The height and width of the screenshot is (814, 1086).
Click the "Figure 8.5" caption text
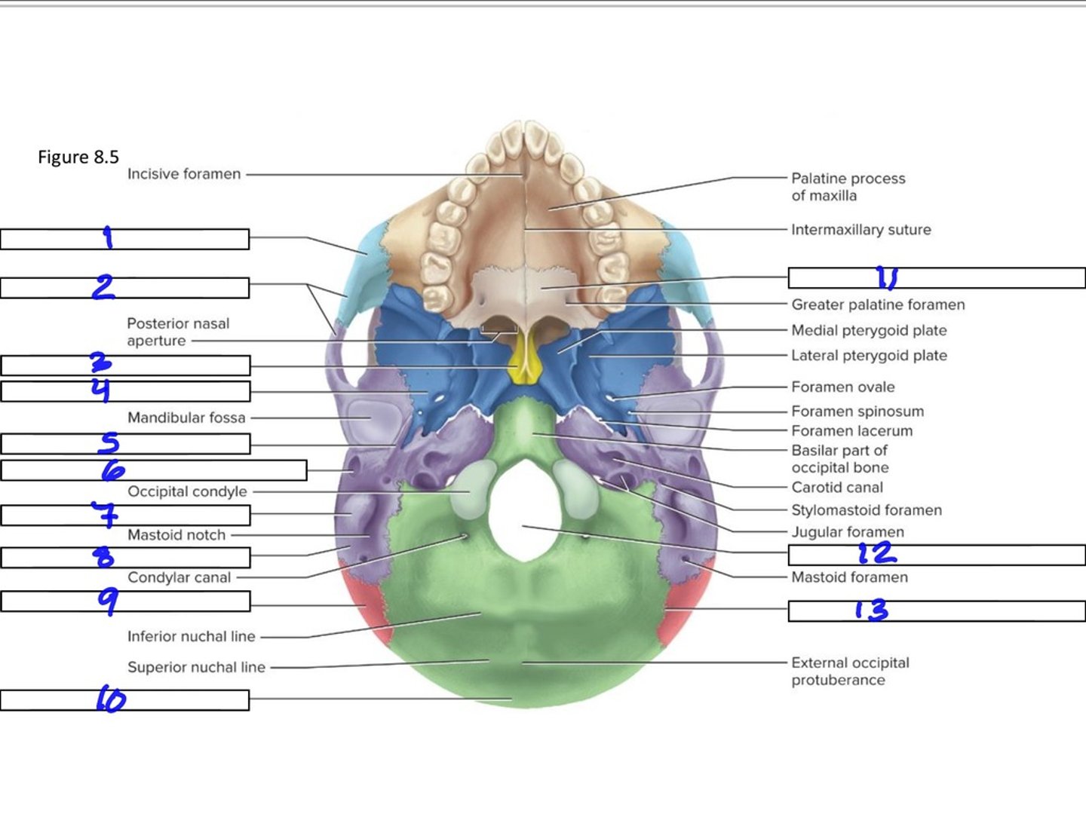click(78, 158)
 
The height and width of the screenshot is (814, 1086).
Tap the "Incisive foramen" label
click(184, 174)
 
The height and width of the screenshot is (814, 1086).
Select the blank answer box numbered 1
click(124, 239)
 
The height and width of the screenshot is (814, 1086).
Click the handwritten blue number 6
click(113, 470)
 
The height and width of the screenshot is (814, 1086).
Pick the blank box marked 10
click(124, 700)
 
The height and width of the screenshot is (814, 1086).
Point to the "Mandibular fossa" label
click(186, 418)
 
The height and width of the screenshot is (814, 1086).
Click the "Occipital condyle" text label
click(187, 491)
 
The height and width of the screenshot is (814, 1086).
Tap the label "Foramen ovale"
click(843, 387)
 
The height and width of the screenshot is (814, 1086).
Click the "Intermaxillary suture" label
click(861, 230)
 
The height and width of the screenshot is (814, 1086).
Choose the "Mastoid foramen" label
click(849, 577)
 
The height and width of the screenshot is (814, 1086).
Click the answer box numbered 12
click(937, 555)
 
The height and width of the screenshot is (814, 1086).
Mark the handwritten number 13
click(872, 610)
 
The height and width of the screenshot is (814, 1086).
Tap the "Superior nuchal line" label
click(196, 667)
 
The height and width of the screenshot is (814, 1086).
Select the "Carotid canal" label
click(837, 488)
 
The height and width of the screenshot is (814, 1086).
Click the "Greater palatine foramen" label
click(878, 305)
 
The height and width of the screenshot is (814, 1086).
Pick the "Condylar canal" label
click(179, 577)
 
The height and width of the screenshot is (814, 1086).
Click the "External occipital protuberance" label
click(850, 671)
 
